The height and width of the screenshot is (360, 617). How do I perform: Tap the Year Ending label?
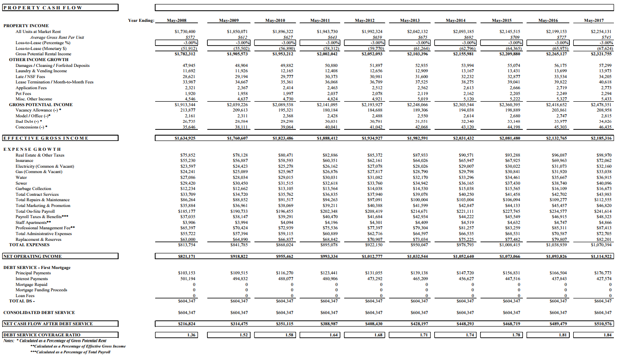(x=141, y=21)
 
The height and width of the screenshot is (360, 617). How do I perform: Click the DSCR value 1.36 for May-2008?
(x=191, y=335)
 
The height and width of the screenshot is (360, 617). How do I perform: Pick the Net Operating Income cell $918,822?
(x=239, y=257)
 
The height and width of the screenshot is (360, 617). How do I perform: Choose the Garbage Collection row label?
(x=33, y=189)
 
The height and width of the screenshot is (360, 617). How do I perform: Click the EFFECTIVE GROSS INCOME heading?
(x=45, y=138)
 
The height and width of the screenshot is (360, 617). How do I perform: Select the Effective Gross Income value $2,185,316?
(x=601, y=138)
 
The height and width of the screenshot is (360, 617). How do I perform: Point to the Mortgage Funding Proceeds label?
(x=41, y=290)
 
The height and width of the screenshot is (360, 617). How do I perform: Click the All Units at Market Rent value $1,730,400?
(x=185, y=32)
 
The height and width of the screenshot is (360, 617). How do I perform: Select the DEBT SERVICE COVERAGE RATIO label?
(x=42, y=335)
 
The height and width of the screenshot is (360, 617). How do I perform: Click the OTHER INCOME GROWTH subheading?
(x=39, y=60)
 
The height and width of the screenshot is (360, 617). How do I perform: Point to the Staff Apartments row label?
(x=33, y=223)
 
